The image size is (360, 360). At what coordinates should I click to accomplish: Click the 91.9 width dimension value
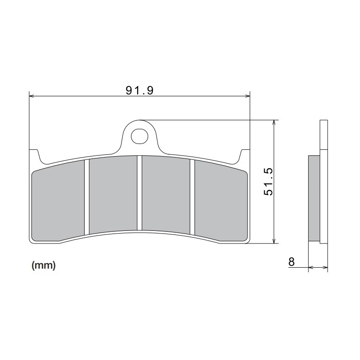[x=140, y=90]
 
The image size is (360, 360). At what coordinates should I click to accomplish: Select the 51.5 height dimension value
[x=269, y=182]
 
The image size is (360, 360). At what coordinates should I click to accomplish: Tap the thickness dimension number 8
[x=292, y=262]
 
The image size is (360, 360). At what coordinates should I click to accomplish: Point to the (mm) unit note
[x=44, y=266]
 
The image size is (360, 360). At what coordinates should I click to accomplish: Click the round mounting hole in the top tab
[x=139, y=135]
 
